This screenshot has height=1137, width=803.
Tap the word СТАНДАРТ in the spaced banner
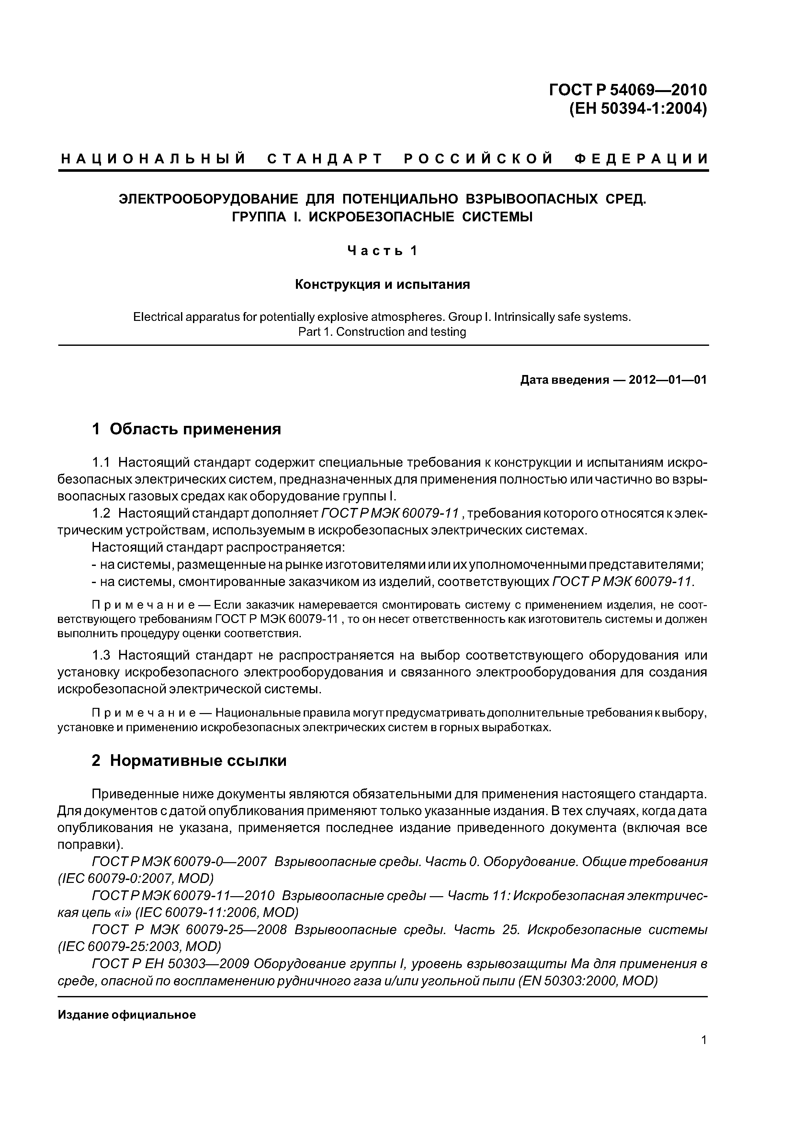click(325, 159)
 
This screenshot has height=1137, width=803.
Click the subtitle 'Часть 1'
click(382, 251)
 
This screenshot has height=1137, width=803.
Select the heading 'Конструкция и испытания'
click(382, 285)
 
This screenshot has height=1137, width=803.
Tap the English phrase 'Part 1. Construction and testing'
click(382, 332)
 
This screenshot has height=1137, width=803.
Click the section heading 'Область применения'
click(196, 429)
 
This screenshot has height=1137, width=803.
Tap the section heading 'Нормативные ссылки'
click(198, 761)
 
